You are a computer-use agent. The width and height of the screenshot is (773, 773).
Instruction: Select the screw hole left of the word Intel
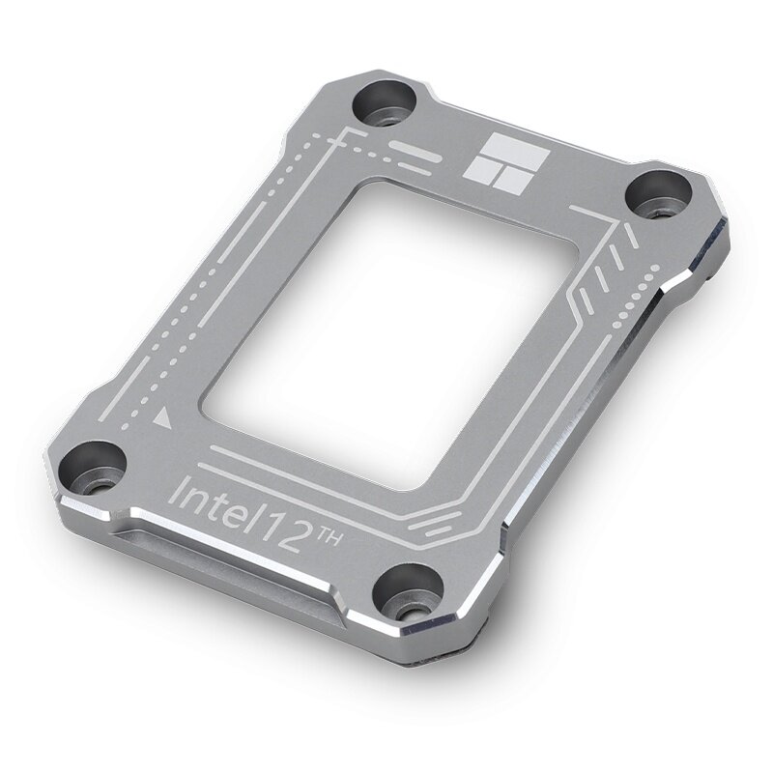[97, 468]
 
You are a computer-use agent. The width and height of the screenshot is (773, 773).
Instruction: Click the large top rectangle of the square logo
[507, 153]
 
